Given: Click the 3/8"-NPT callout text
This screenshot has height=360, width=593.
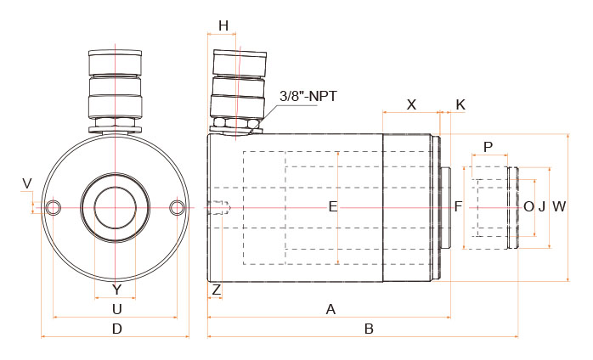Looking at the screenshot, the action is pyautogui.click(x=308, y=96).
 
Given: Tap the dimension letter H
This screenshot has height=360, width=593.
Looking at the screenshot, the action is pyautogui.click(x=223, y=26).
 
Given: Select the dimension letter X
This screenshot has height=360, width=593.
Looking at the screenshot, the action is pyautogui.click(x=411, y=104).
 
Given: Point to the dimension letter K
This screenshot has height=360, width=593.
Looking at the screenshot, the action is pyautogui.click(x=460, y=104).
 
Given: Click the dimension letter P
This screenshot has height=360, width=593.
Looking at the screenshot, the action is pyautogui.click(x=489, y=147).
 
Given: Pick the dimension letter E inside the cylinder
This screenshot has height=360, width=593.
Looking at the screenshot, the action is pyautogui.click(x=333, y=207).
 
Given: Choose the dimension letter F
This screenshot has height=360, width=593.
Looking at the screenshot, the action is pyautogui.click(x=459, y=207).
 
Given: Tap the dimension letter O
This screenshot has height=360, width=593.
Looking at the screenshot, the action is pyautogui.click(x=528, y=207).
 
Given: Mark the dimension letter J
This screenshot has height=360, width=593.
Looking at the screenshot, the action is pyautogui.click(x=542, y=207).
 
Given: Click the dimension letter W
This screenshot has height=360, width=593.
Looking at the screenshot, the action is pyautogui.click(x=559, y=207).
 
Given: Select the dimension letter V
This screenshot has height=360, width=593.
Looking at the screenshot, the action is pyautogui.click(x=27, y=183).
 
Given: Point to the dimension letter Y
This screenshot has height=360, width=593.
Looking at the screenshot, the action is pyautogui.click(x=117, y=290).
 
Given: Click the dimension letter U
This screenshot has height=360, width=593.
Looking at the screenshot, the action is pyautogui.click(x=117, y=309).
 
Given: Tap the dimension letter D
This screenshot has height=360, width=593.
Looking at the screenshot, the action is pyautogui.click(x=117, y=329).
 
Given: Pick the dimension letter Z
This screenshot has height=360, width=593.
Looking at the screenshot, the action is pyautogui.click(x=217, y=290).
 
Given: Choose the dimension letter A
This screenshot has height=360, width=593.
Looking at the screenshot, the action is pyautogui.click(x=331, y=309).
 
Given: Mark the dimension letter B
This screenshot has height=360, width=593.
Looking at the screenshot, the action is pyautogui.click(x=369, y=329).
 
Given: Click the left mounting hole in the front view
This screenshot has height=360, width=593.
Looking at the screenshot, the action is pyautogui.click(x=54, y=207).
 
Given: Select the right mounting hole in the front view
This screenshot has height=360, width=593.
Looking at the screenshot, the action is pyautogui.click(x=177, y=207).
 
